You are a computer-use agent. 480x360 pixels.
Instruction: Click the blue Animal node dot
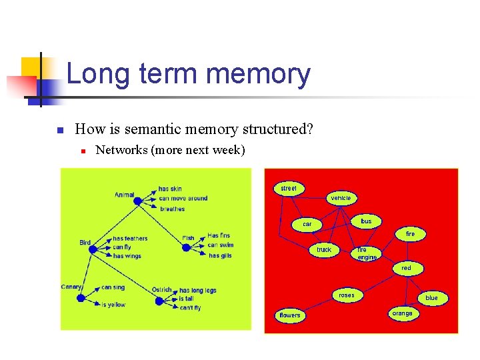(x=139, y=200)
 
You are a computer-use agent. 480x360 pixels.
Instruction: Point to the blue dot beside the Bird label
(x=93, y=249)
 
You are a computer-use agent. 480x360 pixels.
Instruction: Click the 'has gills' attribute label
(x=220, y=256)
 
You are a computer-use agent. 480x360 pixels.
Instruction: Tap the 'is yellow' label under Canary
(x=113, y=305)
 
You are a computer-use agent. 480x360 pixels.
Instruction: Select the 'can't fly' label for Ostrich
(x=190, y=308)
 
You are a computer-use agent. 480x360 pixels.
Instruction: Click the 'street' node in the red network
(x=289, y=189)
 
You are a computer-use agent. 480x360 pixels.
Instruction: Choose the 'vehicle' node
(x=341, y=198)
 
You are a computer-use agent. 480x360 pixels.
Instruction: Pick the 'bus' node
(x=366, y=221)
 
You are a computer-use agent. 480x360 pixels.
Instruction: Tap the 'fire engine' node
(x=367, y=253)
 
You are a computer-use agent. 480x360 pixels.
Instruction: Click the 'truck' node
(x=324, y=250)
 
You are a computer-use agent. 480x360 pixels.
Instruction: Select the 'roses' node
(x=347, y=295)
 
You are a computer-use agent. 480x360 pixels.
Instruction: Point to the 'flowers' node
(x=290, y=315)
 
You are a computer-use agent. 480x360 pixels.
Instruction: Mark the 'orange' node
(x=402, y=313)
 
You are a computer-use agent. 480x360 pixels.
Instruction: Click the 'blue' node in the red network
(x=431, y=298)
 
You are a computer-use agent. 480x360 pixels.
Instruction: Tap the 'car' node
(x=307, y=224)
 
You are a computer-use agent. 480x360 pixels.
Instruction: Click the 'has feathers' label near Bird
(x=130, y=239)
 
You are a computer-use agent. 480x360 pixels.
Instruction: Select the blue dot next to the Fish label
(x=186, y=248)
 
